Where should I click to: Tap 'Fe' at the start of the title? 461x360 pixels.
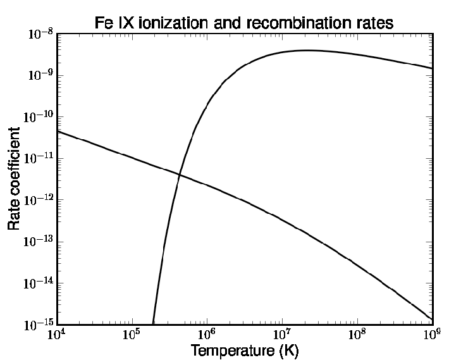click(104, 23)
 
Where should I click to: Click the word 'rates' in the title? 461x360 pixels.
click(373, 23)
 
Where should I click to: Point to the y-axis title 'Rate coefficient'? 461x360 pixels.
click(14, 178)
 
